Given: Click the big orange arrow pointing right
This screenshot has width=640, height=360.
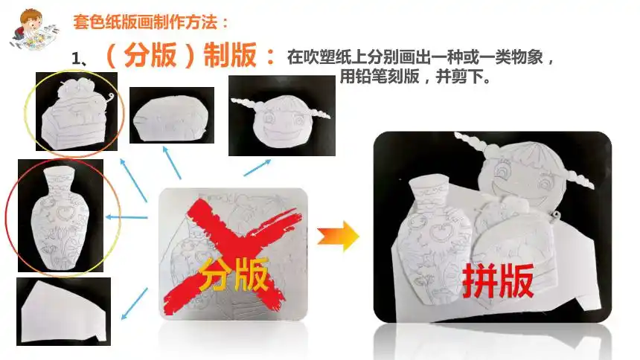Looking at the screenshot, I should (338, 236).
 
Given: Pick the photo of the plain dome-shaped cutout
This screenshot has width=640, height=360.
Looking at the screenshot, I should (171, 115).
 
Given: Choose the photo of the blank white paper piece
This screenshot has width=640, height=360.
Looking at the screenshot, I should (63, 312).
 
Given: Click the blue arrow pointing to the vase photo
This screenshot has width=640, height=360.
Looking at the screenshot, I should (127, 217).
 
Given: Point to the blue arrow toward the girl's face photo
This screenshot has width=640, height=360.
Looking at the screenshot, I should (257, 167).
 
